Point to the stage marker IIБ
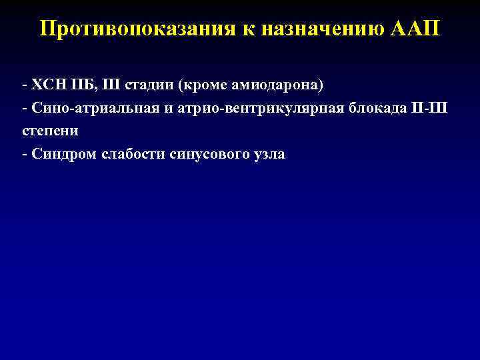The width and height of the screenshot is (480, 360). pyautogui.click(x=82, y=87)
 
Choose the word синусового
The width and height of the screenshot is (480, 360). pyautogui.click(x=208, y=155)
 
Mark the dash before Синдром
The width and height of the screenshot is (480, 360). pyautogui.click(x=24, y=155)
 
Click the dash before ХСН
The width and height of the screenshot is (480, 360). pyautogui.click(x=24, y=87)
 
